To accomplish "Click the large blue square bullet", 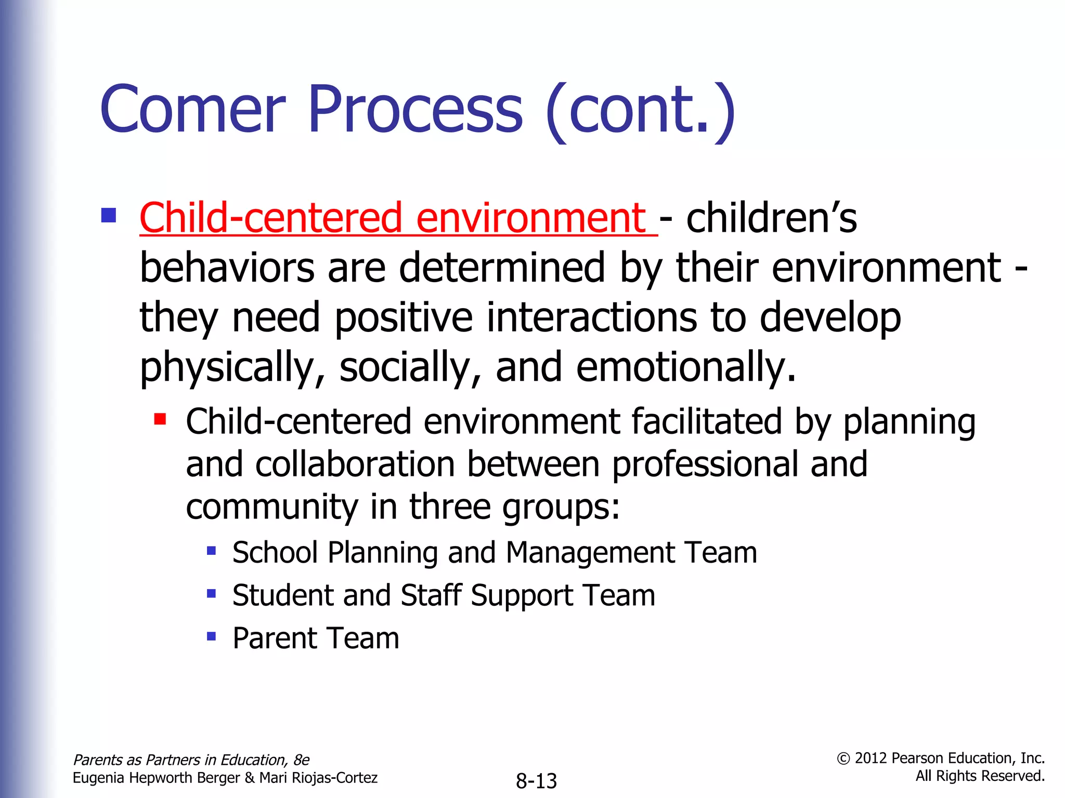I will [109, 215].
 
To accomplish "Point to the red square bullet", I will [160, 419].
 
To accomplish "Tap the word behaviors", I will [227, 268].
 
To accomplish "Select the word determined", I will [502, 268].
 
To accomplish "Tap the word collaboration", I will [355, 464].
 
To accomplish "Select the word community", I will [271, 508].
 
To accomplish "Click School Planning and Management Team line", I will [494, 552].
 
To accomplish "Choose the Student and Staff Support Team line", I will [443, 595].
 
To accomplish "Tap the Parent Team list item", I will [316, 639].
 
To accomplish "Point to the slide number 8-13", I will [536, 781].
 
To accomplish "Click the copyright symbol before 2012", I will [843, 759].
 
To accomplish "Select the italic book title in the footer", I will [191, 760].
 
